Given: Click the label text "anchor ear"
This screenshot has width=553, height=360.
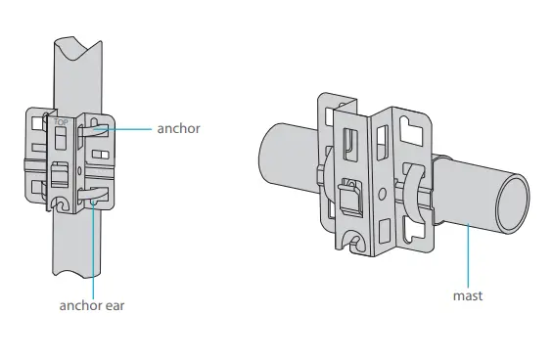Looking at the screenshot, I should coord(90,304).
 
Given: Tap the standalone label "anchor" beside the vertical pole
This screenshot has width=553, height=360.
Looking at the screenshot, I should coord(178,128).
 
